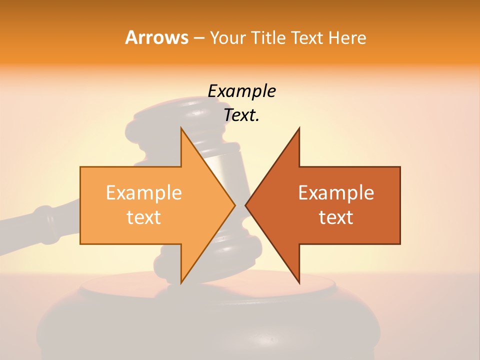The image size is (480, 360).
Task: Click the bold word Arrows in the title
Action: point(156,37)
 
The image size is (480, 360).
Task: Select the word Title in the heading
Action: point(269,38)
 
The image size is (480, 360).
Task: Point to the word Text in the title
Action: point(307,38)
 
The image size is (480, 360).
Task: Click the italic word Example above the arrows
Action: point(241,91)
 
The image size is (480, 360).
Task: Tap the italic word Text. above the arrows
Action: point(241,115)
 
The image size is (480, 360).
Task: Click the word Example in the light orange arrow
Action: point(143,193)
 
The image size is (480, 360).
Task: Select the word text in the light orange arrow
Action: point(143,217)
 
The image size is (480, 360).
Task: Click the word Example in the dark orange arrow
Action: point(336,193)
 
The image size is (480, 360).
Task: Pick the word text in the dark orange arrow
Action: point(336,217)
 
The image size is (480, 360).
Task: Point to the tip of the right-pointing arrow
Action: point(234,205)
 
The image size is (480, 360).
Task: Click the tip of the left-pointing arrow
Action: point(246,205)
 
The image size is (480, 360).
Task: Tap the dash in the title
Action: point(198,38)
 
